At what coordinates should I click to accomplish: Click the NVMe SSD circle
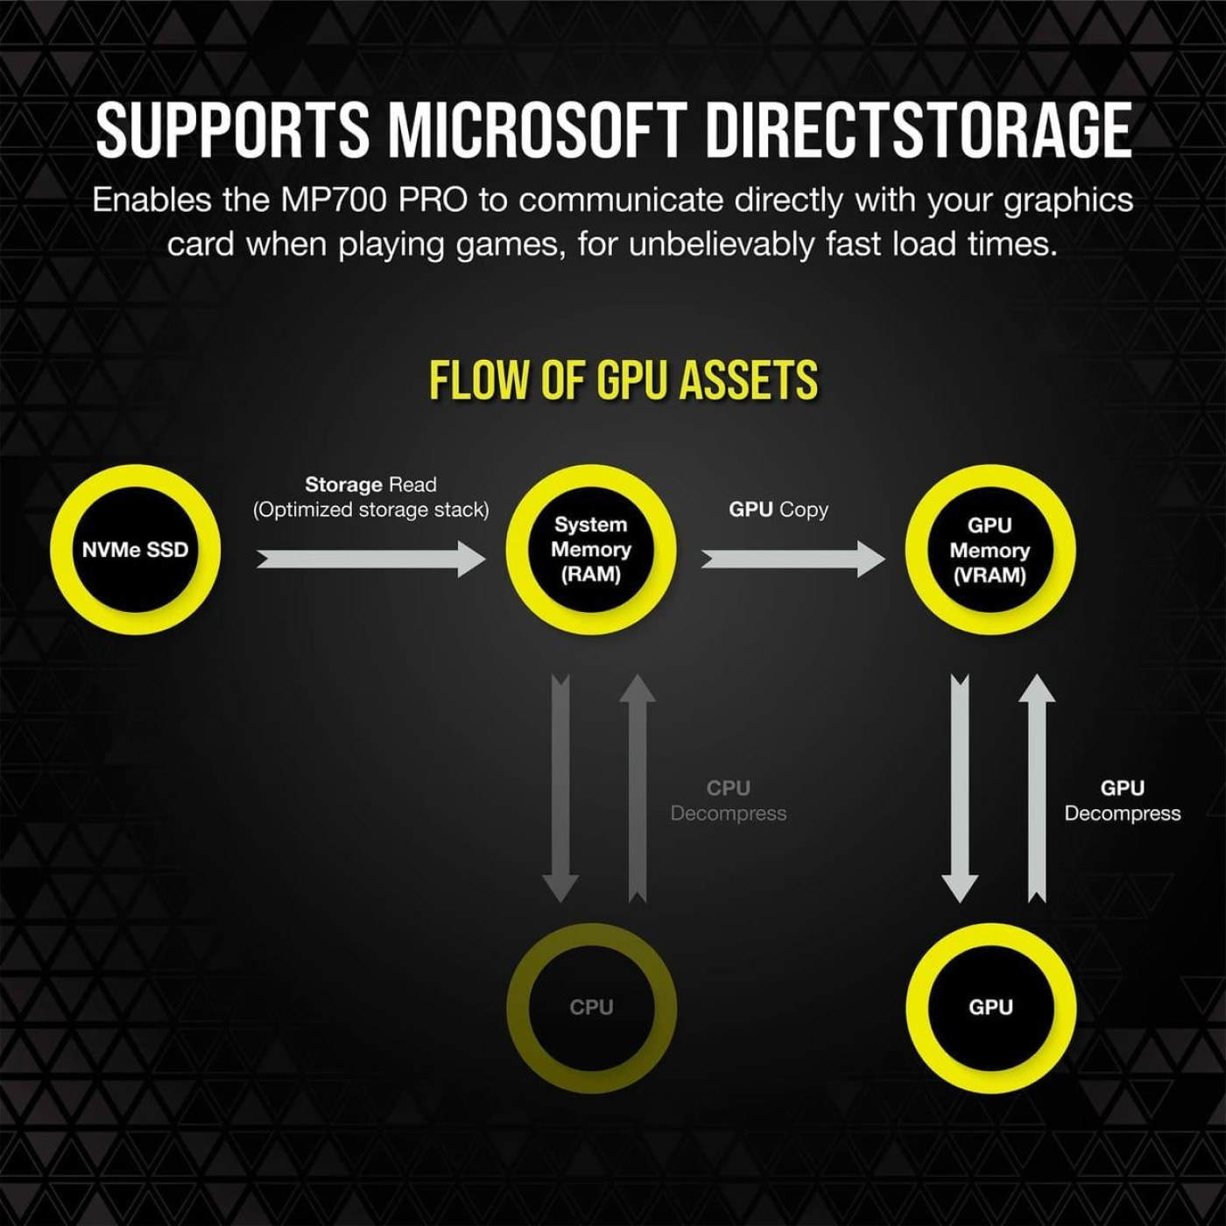(135, 550)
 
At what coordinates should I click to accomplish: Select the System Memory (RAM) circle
(591, 550)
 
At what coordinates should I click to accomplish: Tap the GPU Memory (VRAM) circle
(990, 550)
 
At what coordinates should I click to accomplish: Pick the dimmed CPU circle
(591, 1007)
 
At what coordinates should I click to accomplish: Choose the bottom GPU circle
(990, 1007)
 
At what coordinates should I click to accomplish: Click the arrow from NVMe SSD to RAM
(370, 559)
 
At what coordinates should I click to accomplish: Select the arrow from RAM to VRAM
(793, 559)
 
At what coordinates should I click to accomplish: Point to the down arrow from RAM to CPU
(560, 788)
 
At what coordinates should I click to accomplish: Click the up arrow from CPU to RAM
(638, 788)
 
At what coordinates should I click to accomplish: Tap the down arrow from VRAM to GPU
(960, 788)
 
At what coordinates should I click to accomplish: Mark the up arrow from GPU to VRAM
(1037, 788)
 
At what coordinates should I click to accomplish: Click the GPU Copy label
(779, 510)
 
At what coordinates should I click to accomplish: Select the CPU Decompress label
(729, 800)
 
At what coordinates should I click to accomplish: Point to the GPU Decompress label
(1123, 800)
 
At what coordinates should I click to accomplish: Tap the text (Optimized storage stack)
(371, 510)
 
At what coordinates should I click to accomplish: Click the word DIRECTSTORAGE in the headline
(919, 130)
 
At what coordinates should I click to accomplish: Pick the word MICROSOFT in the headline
(536, 130)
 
